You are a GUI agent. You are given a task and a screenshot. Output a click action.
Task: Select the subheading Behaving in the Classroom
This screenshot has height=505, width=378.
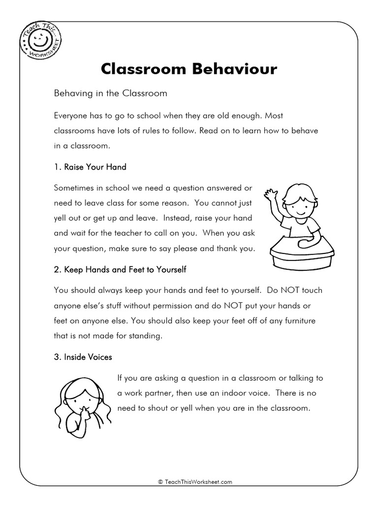pyautogui.click(x=111, y=93)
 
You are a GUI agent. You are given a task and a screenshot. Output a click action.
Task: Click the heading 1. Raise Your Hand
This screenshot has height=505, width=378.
pyautogui.click(x=90, y=167)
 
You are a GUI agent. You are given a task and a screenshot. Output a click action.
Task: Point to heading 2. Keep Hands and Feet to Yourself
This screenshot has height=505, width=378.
pyautogui.click(x=120, y=270)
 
